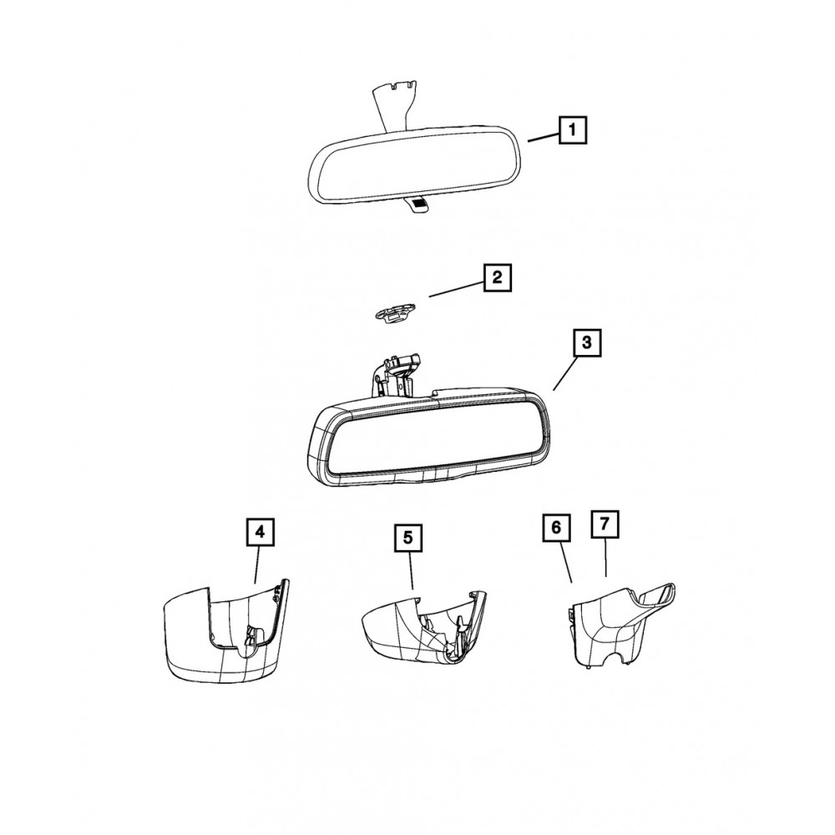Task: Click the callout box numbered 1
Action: coord(573,130)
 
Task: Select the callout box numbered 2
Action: coord(498,277)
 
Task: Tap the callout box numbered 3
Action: coord(586,342)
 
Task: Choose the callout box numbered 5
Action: coord(408,537)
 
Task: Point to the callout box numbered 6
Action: coord(556,528)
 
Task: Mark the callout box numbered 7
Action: coord(605,524)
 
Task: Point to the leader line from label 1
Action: coord(543,138)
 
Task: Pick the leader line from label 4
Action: coord(258,564)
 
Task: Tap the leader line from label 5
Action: coord(411,569)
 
